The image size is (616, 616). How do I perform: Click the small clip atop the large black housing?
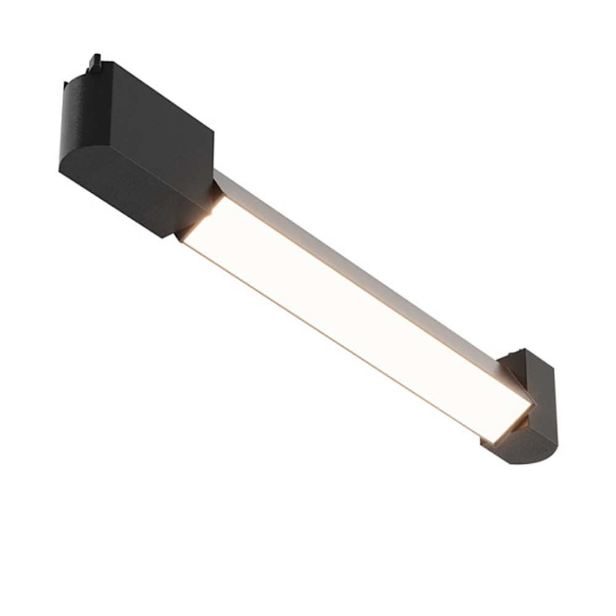tap(94, 62)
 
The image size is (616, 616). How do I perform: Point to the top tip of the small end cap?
tap(524, 351)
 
